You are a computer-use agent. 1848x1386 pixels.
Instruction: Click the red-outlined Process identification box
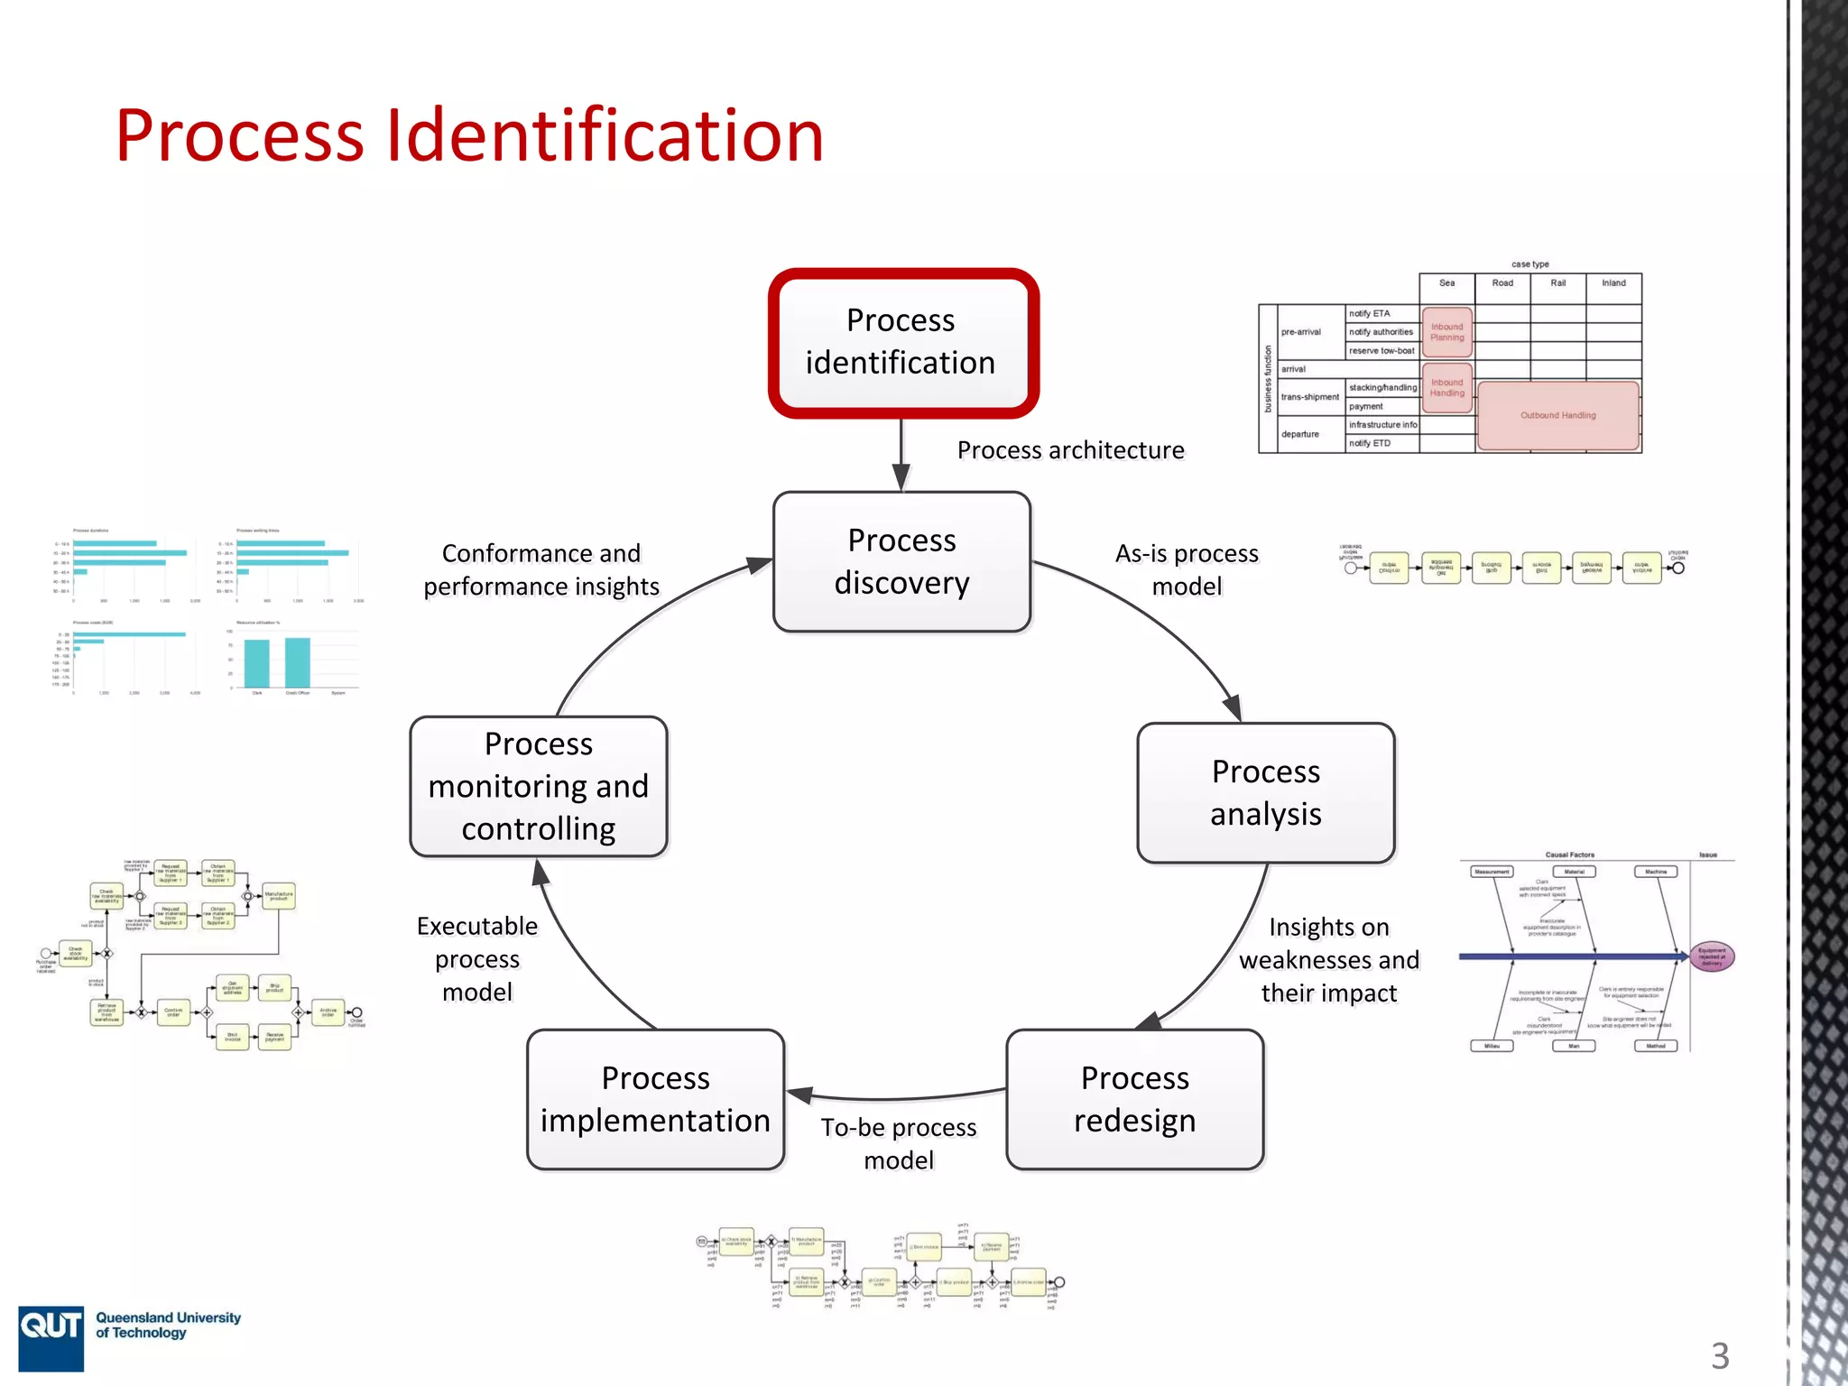[902, 343]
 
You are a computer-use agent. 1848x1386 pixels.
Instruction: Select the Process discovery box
[901, 561]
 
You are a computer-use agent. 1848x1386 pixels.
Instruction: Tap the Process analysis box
[1265, 792]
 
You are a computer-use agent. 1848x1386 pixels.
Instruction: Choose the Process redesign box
[1134, 1099]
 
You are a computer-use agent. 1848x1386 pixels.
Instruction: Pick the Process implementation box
[655, 1099]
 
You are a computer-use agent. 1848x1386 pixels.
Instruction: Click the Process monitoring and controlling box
[539, 786]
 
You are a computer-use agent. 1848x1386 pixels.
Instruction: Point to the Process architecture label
[1070, 450]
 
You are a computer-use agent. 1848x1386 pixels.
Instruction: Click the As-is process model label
[1187, 569]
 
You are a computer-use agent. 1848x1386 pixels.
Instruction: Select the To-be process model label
[899, 1143]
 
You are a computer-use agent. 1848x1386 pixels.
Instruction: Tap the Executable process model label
[477, 958]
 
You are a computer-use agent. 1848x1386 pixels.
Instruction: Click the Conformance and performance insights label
[541, 569]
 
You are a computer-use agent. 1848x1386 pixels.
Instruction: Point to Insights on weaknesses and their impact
[1328, 959]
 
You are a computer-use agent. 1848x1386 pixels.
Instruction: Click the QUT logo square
[51, 1337]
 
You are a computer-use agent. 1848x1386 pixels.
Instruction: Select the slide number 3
[1720, 1355]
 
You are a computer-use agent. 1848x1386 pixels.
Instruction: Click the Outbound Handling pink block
[1557, 415]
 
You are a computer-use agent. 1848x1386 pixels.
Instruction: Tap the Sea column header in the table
[1446, 283]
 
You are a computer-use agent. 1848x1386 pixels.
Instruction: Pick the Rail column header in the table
[1557, 283]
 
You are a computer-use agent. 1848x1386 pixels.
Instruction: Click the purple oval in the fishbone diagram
[1711, 956]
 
